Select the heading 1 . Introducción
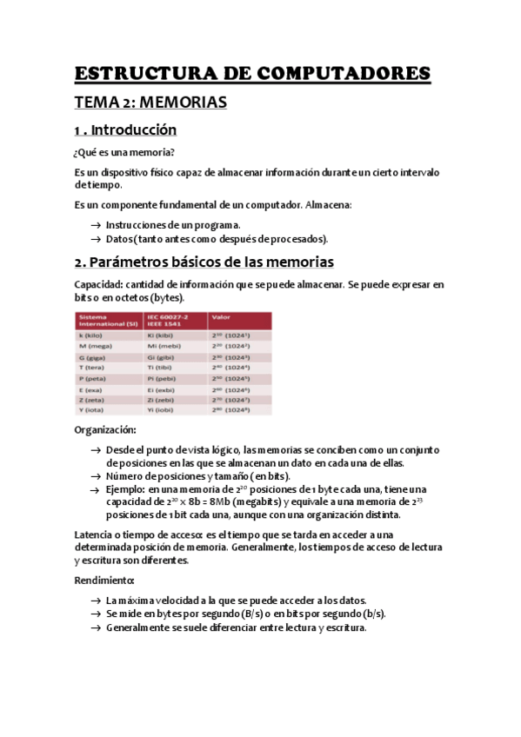pyautogui.click(x=125, y=130)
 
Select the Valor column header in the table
pyautogui.click(x=221, y=317)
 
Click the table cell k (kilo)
pyautogui.click(x=89, y=334)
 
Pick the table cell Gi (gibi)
pyautogui.click(x=162, y=356)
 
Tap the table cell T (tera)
pyautogui.click(x=90, y=368)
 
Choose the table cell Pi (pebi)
pyautogui.click(x=163, y=379)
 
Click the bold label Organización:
pyautogui.click(x=104, y=430)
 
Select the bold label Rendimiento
pyautogui.click(x=104, y=579)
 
